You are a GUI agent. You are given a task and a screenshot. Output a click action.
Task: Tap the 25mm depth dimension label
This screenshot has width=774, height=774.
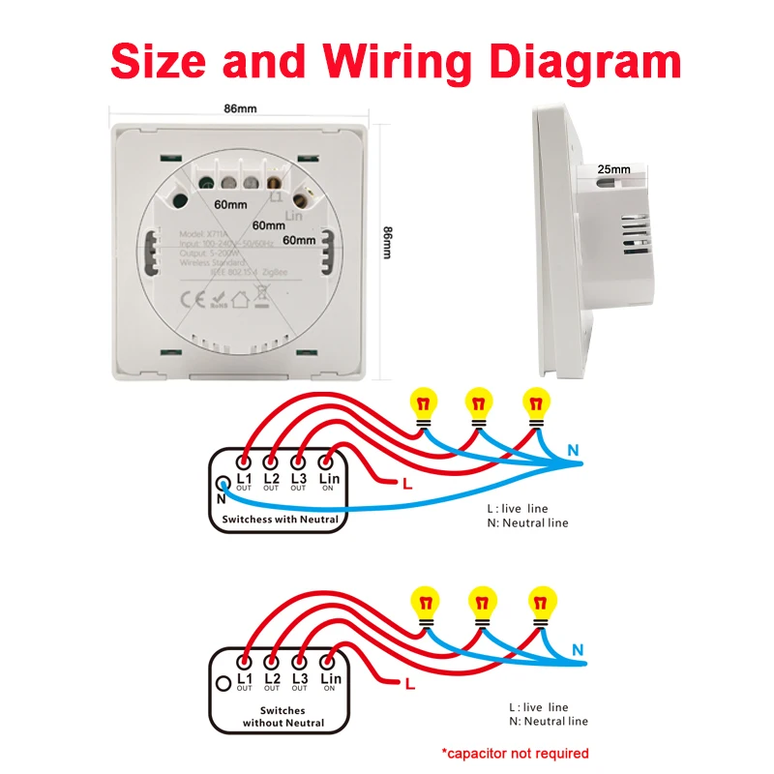click(x=613, y=170)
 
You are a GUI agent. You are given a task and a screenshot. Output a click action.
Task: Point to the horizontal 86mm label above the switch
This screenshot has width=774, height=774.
click(x=240, y=108)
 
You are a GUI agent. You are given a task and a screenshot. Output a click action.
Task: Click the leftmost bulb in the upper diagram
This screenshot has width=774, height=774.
click(x=422, y=403)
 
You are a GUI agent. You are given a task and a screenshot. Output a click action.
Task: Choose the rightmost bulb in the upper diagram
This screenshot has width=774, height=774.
click(x=534, y=403)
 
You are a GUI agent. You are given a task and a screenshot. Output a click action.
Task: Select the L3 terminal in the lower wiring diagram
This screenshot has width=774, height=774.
click(x=299, y=668)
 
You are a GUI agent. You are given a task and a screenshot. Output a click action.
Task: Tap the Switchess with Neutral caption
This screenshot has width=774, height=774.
click(x=281, y=520)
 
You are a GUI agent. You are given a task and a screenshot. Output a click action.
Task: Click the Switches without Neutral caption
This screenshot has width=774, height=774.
click(x=282, y=717)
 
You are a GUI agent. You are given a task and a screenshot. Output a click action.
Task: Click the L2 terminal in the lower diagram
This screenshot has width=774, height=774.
click(x=272, y=668)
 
